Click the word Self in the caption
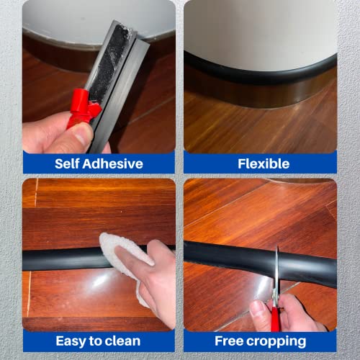point(69,163)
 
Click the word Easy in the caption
point(71,341)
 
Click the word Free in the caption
point(233,341)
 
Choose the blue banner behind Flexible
point(209,163)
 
